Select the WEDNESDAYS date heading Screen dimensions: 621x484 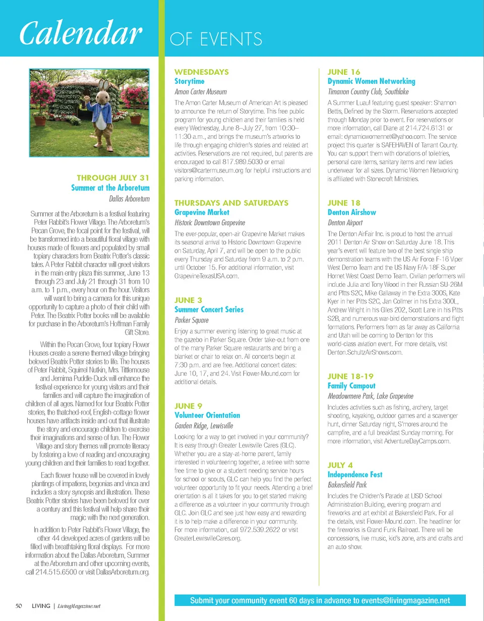(x=201, y=72)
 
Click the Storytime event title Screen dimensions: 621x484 (x=189, y=81)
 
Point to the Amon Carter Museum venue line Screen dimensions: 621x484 (x=200, y=92)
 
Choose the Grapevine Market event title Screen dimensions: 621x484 (x=202, y=213)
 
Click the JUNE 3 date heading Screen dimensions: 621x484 (x=189, y=300)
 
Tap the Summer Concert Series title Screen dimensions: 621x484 (x=209, y=309)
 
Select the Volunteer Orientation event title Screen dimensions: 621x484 (x=207, y=415)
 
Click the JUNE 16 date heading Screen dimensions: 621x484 (x=344, y=72)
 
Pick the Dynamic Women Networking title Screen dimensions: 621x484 (x=371, y=81)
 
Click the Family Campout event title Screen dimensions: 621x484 (x=351, y=386)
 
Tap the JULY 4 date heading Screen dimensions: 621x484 (x=340, y=465)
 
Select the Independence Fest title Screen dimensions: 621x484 (x=355, y=475)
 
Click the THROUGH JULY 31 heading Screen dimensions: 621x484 (x=113, y=178)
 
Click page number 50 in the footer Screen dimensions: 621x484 (x=19, y=605)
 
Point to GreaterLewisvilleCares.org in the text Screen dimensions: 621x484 (x=207, y=539)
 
